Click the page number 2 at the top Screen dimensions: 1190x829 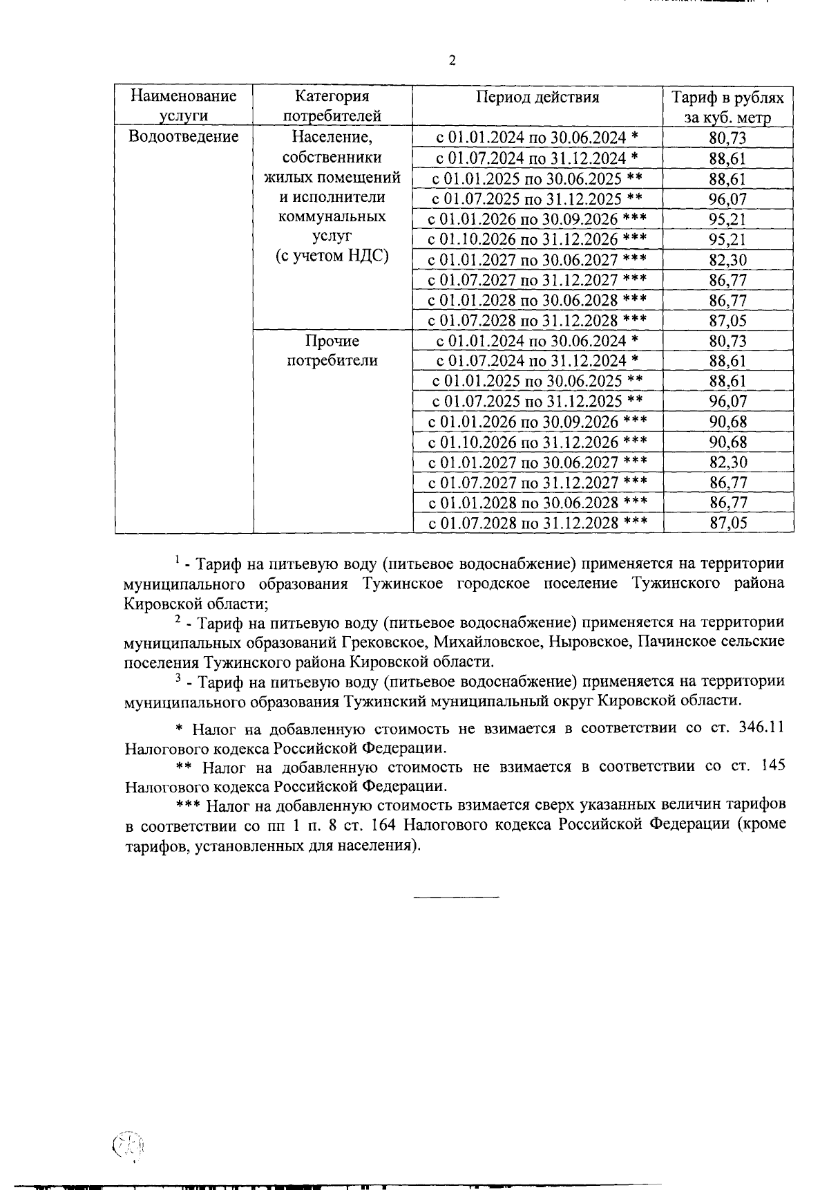tap(452, 61)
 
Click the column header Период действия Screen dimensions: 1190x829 tap(537, 97)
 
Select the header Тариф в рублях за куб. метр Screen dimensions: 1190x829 tap(728, 106)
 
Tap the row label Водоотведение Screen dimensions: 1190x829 tap(184, 136)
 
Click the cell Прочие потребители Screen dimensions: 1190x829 tap(332, 351)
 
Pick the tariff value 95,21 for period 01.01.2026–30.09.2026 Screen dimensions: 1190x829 tap(728, 220)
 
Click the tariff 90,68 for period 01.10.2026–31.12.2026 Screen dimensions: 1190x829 tap(728, 442)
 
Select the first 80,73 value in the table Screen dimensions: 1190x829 tap(728, 138)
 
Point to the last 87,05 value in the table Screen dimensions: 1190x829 tap(728, 523)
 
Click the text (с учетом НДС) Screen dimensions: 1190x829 tap(332, 256)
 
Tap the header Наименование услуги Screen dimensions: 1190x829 tap(184, 106)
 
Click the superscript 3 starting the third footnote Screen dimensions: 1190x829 tap(178, 678)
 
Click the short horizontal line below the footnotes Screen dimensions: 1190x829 tap(456, 898)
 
